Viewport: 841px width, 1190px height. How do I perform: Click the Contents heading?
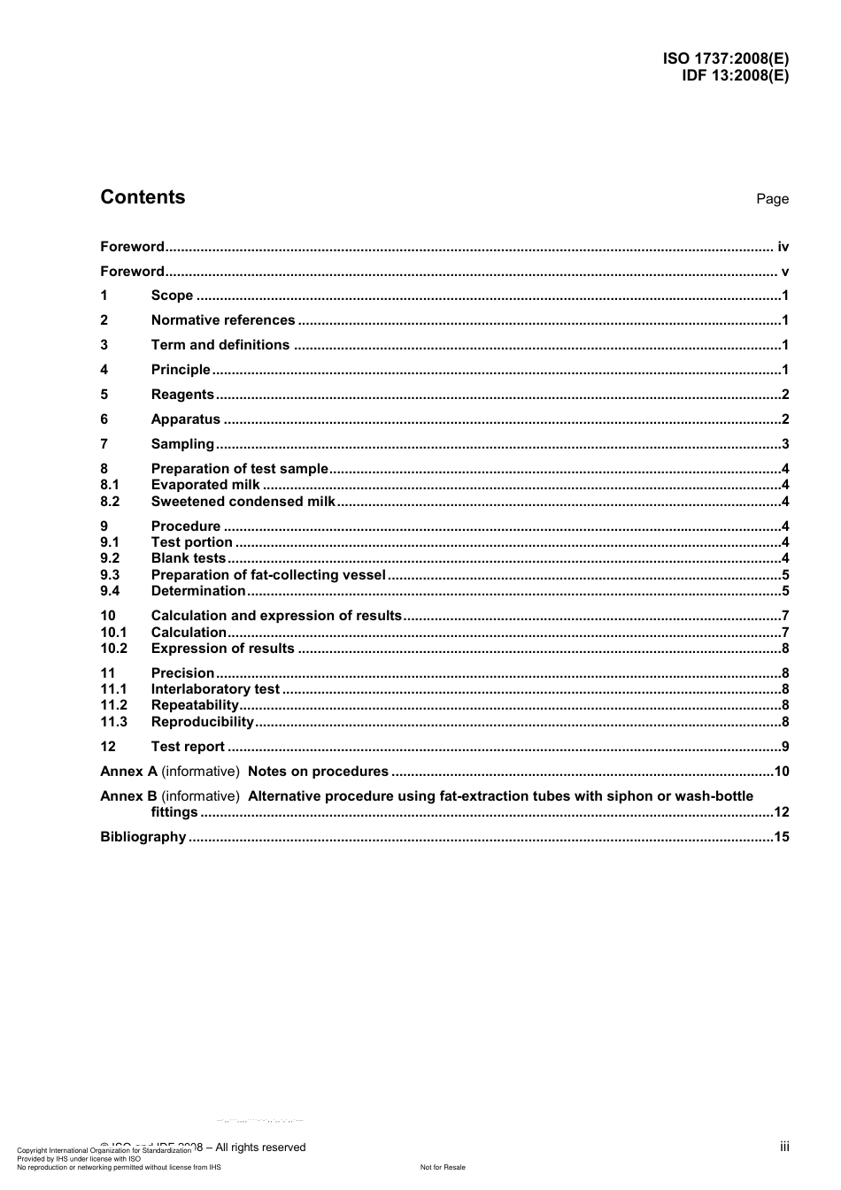click(143, 197)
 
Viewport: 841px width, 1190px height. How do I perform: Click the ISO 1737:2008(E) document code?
click(725, 59)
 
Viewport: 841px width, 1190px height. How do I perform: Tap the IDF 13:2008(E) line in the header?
click(734, 75)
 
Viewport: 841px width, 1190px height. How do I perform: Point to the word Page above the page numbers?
click(772, 199)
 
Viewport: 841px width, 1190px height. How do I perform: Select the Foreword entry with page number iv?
click(132, 247)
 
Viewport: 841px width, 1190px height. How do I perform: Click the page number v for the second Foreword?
click(784, 272)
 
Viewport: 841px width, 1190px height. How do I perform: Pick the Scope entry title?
click(172, 296)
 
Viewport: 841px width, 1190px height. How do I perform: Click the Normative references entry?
click(223, 320)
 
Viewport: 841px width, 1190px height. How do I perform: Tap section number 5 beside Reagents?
click(104, 395)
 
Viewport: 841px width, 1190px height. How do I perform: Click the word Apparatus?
click(185, 419)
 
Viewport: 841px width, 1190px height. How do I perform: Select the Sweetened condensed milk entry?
click(243, 502)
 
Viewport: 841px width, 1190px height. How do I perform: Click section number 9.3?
click(110, 575)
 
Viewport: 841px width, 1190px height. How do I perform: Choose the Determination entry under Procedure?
click(198, 591)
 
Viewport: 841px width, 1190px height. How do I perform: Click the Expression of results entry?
click(222, 649)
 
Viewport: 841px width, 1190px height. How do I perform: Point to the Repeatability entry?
click(195, 705)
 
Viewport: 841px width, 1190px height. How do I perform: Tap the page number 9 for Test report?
click(785, 747)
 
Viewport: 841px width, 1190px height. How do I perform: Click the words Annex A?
click(128, 772)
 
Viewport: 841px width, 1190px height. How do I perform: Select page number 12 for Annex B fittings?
click(781, 812)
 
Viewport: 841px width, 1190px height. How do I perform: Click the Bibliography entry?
click(143, 837)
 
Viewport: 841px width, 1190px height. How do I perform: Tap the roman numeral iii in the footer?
click(784, 1147)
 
